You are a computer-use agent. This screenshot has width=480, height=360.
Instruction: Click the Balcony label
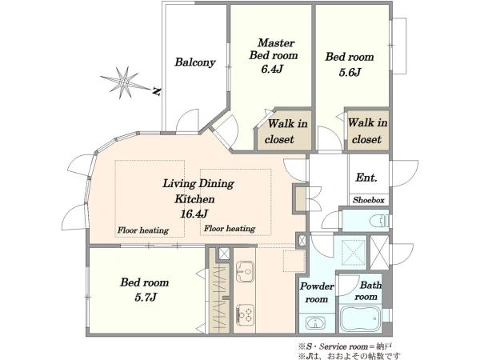[x=195, y=62]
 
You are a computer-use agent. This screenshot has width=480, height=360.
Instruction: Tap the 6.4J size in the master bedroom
[x=271, y=70]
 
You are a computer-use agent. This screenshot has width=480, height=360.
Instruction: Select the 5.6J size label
[x=350, y=73]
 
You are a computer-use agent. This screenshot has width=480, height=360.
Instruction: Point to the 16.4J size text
[x=194, y=214]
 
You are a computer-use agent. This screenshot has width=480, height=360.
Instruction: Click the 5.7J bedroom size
[x=146, y=297]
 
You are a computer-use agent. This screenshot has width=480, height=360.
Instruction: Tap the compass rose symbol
[x=125, y=82]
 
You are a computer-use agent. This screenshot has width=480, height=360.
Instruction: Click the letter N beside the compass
[x=157, y=91]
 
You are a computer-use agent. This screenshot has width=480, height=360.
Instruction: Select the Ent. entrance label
[x=366, y=178]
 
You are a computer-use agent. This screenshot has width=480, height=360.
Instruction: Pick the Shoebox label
[x=369, y=200]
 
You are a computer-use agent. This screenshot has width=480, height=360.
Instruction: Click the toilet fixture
[x=379, y=221]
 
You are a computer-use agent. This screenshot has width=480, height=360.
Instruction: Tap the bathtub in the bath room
[x=360, y=318]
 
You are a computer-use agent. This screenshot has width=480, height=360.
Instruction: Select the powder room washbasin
[x=313, y=323]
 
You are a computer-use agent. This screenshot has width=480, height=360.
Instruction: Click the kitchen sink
[x=245, y=271]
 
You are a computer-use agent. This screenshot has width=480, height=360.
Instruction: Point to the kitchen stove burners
[x=245, y=314]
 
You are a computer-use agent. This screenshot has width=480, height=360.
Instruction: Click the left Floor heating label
[x=143, y=230]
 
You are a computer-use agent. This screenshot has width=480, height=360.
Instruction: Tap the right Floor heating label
[x=230, y=228]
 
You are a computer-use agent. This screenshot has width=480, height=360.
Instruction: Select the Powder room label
[x=317, y=292]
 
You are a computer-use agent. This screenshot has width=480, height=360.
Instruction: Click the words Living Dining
[x=198, y=184]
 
